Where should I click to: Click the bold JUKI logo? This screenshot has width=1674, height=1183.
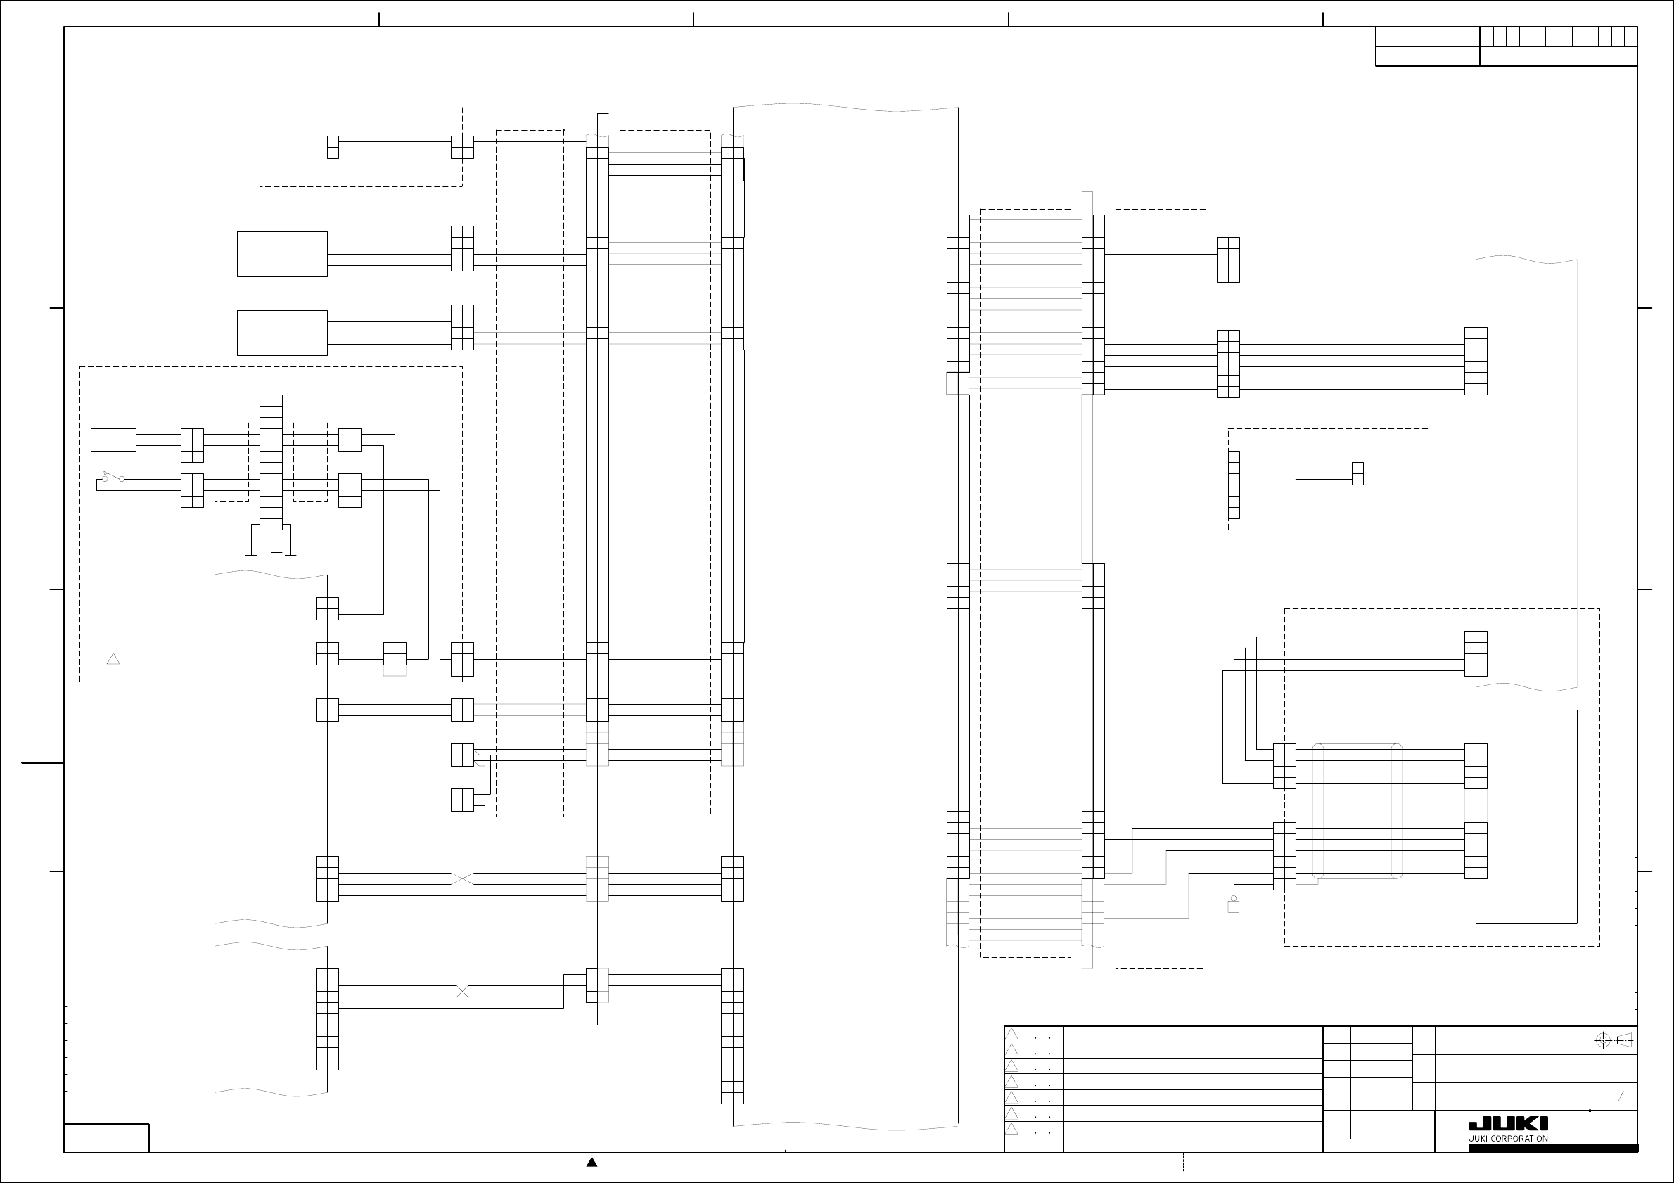pos(1508,1124)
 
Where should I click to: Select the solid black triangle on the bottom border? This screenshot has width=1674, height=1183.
pos(592,1162)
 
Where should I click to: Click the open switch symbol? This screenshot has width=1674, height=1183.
pos(113,478)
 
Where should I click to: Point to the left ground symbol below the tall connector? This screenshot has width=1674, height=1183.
pos(251,558)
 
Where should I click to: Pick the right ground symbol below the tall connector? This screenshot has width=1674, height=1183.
pos(290,558)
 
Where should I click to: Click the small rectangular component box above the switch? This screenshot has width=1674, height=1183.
pos(113,440)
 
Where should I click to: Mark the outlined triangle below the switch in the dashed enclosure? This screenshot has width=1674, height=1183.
pos(113,659)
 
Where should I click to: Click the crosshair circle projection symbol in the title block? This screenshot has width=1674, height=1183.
pos(1602,1040)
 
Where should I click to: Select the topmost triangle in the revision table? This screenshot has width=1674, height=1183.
pos(1012,1035)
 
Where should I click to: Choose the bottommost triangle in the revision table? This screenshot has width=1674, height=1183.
pos(1012,1129)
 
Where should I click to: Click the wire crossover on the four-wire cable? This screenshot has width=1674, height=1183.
pos(462,878)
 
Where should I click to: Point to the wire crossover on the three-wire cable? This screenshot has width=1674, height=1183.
pos(461,991)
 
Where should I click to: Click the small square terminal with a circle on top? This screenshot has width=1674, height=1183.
pos(1234,905)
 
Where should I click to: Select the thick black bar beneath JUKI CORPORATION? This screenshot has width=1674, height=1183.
pos(1553,1149)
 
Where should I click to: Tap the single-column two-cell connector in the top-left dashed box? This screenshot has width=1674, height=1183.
pos(333,147)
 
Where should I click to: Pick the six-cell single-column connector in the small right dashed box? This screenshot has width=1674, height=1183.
pos(1234,485)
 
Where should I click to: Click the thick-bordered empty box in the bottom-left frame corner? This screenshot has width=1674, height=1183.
pos(106,1138)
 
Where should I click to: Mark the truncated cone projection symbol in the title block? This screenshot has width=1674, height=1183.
pos(1625,1040)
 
